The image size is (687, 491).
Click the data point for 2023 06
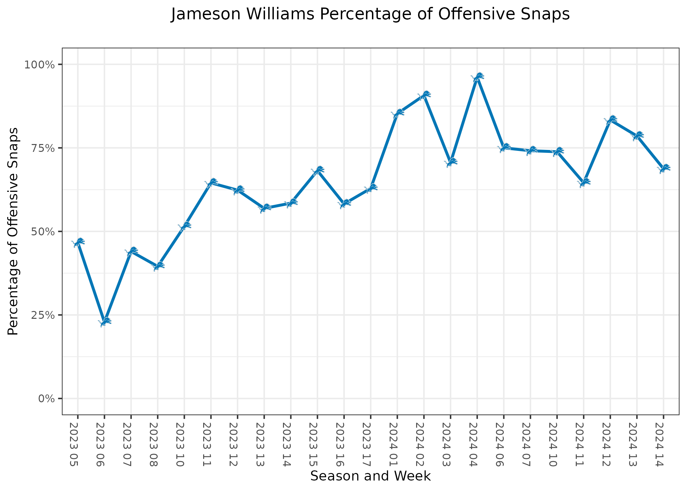[105, 321]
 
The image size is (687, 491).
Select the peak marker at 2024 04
[477, 77]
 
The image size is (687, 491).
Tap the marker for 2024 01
[397, 113]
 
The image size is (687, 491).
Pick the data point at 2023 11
[211, 183]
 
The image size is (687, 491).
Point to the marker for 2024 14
[663, 168]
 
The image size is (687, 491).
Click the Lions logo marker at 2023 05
[78, 242]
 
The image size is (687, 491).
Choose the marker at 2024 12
[610, 120]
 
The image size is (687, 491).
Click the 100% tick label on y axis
[39, 64]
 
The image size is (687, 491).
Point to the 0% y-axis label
[46, 399]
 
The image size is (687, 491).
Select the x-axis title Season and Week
[370, 476]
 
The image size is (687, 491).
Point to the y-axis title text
[13, 231]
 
